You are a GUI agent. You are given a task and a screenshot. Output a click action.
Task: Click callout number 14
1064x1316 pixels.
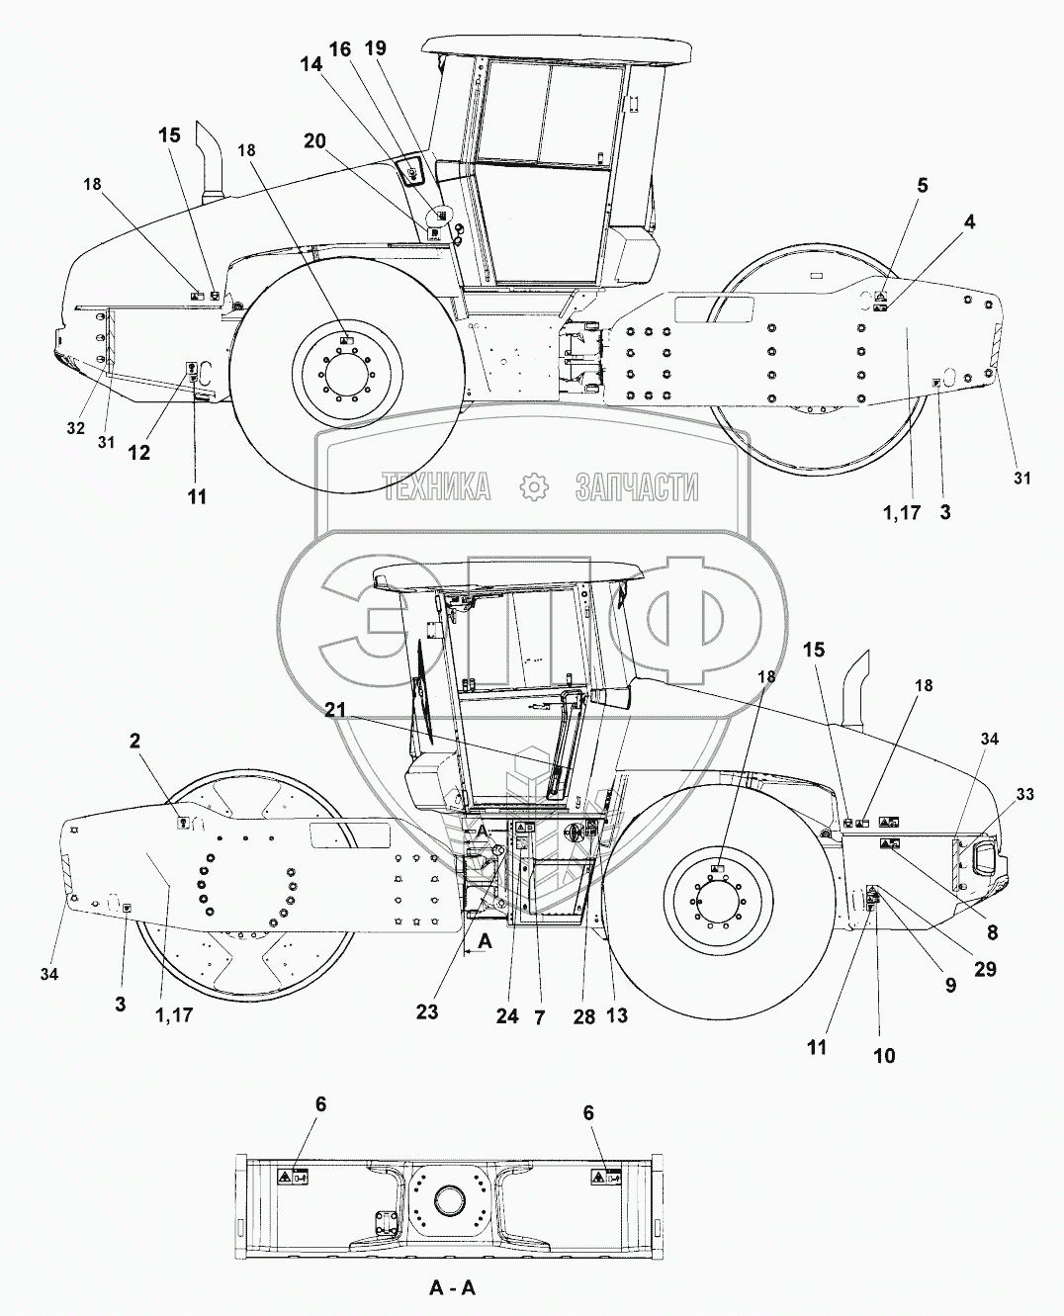(310, 63)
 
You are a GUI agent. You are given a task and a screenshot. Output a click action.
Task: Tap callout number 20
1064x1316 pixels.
(314, 141)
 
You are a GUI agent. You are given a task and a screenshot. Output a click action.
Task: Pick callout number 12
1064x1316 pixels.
(139, 452)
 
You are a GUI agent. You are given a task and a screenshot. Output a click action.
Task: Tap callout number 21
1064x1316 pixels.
(335, 711)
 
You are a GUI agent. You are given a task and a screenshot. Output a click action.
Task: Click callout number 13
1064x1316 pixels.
(618, 1015)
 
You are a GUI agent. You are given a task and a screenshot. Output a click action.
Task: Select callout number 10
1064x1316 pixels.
(884, 1056)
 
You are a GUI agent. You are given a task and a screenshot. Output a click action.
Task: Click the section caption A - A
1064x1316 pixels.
(452, 1287)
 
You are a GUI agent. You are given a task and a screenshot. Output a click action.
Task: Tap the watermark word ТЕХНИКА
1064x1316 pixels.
(437, 486)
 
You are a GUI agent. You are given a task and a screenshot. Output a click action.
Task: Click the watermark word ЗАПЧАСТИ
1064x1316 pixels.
(637, 486)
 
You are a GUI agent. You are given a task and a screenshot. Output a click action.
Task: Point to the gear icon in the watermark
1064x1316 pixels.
(534, 486)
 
